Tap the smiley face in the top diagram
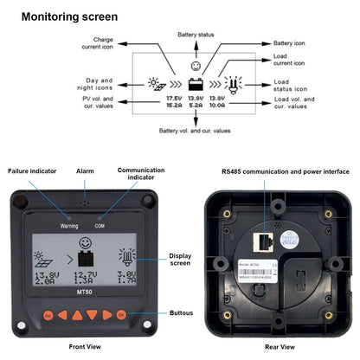195,66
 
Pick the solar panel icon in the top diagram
157,85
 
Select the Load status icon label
292,84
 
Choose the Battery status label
195,35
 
